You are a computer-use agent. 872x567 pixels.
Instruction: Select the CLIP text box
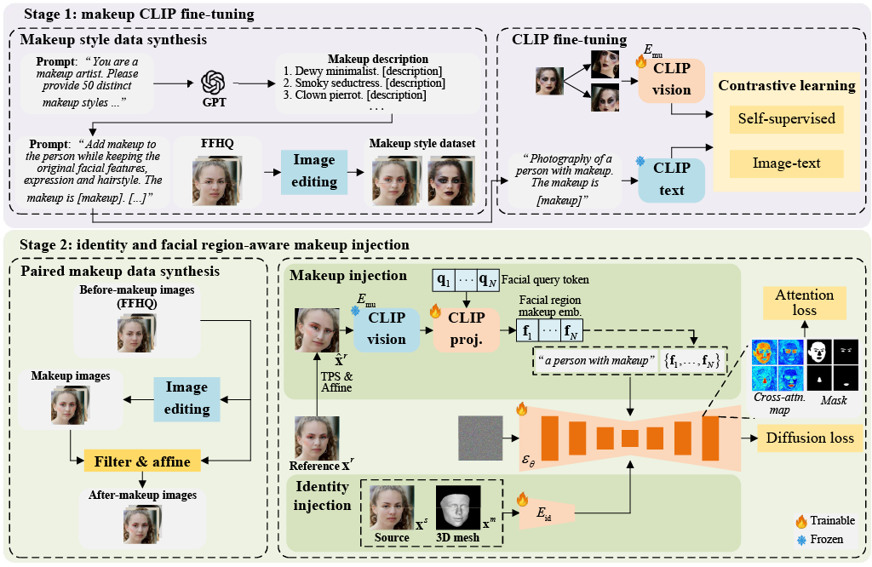tap(671, 180)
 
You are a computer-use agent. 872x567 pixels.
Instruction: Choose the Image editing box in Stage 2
tap(186, 398)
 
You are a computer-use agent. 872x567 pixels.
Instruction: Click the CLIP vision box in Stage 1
tap(671, 82)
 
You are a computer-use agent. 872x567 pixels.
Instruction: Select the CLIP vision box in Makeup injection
tap(387, 329)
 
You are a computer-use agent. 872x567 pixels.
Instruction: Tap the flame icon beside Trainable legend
tap(800, 521)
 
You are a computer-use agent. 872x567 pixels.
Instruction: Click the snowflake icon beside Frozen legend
tap(800, 540)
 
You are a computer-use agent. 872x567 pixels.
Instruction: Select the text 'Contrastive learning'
tap(786, 85)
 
